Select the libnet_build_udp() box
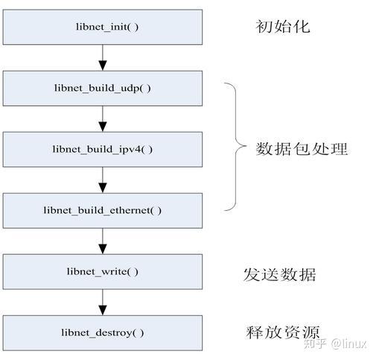tap(103, 87)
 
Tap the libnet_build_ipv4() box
tap(103, 148)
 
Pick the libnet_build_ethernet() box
tap(103, 210)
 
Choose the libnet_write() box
tap(103, 271)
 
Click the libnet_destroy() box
tap(103, 332)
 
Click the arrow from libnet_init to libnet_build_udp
tap(103, 57)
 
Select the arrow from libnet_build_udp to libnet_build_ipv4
tap(103, 118)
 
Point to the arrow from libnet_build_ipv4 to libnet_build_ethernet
tap(103, 180)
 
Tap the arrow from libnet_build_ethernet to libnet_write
tap(103, 241)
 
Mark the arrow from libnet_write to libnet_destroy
tap(103, 302)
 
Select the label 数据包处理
tap(302, 148)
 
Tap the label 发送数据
tap(280, 274)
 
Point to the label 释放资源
tap(282, 332)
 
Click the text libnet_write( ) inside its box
tap(103, 271)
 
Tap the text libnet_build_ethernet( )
tap(103, 210)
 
